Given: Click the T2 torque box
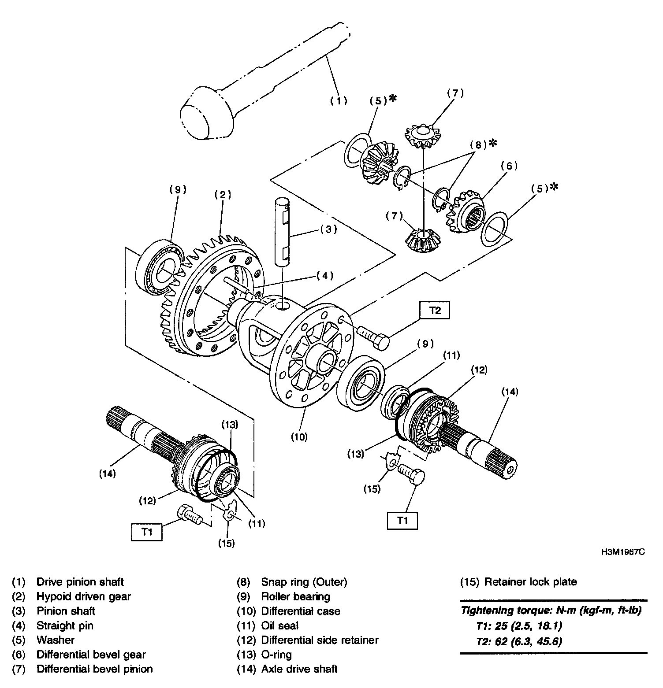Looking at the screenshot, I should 435,311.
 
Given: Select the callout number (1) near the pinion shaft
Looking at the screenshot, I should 339,101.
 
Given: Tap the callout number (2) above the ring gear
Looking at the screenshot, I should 223,194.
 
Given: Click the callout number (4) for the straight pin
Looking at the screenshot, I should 324,276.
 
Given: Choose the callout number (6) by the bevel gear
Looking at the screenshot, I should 509,166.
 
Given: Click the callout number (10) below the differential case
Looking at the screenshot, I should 299,437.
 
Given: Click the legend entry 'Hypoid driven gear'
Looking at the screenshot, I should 83,596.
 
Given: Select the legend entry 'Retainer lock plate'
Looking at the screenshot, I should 518,582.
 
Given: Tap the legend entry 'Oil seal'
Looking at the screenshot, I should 279,625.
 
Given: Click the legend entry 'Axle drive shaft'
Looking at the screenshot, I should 299,669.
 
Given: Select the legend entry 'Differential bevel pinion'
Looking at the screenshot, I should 94,669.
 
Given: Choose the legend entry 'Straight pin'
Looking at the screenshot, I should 65,625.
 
